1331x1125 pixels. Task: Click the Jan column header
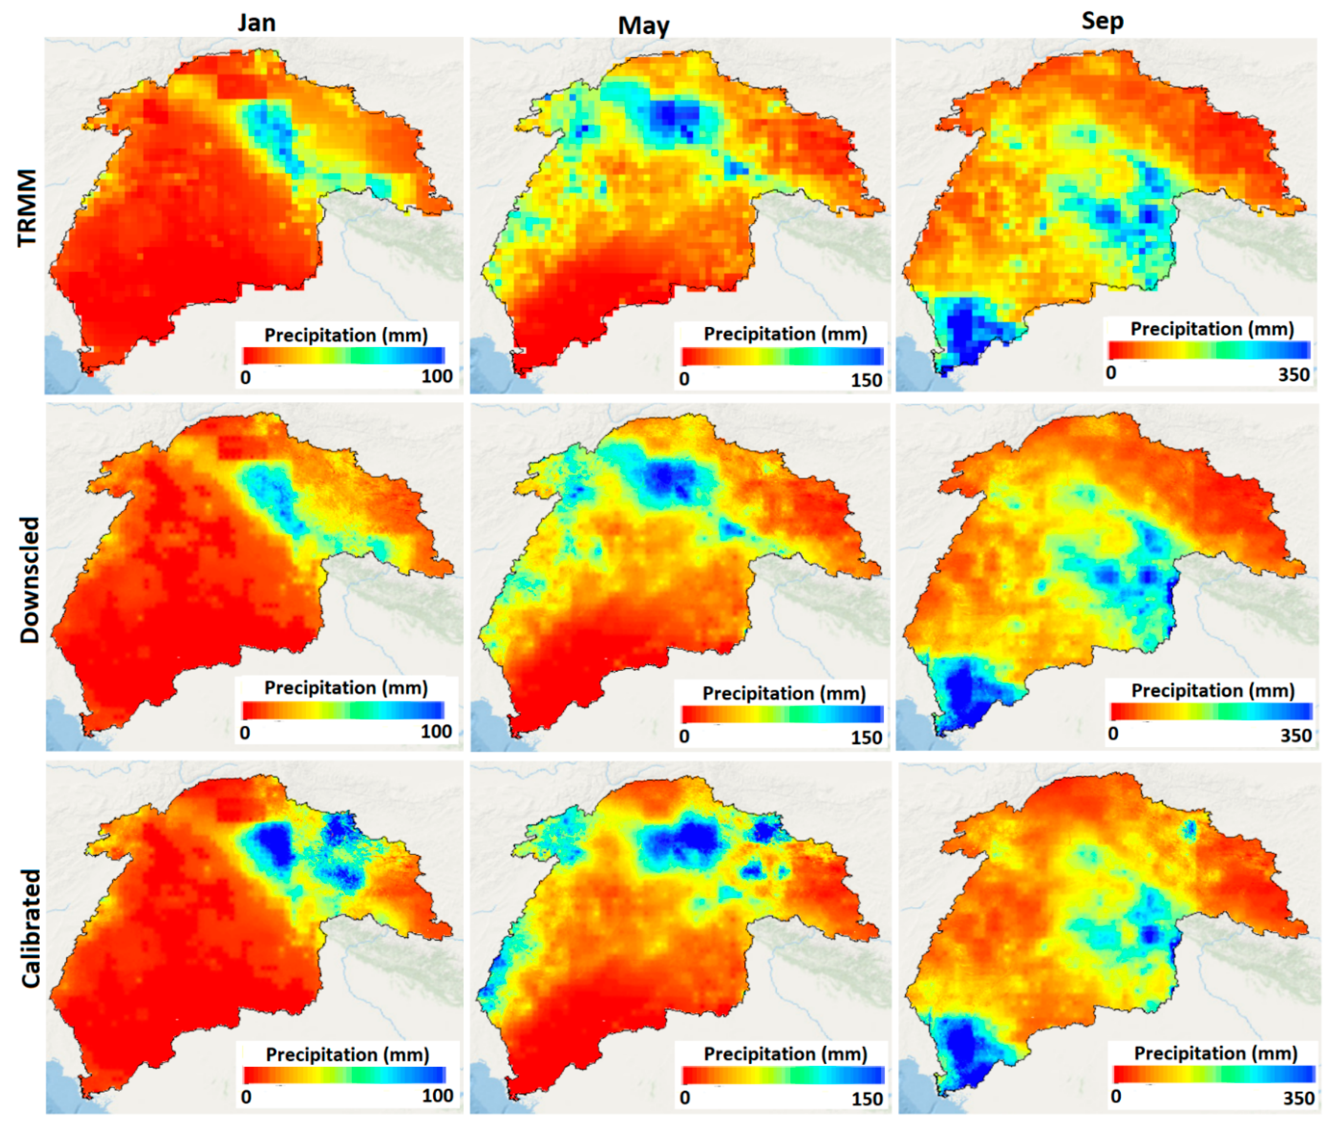[256, 23]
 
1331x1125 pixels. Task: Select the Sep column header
[1102, 21]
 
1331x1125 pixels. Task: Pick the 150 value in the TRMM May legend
[866, 380]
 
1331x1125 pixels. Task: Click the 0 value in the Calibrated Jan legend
[246, 1097]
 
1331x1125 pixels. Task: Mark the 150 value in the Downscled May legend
[866, 737]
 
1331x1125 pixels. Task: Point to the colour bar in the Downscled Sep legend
[1210, 711]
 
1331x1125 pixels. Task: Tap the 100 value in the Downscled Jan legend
[436, 732]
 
